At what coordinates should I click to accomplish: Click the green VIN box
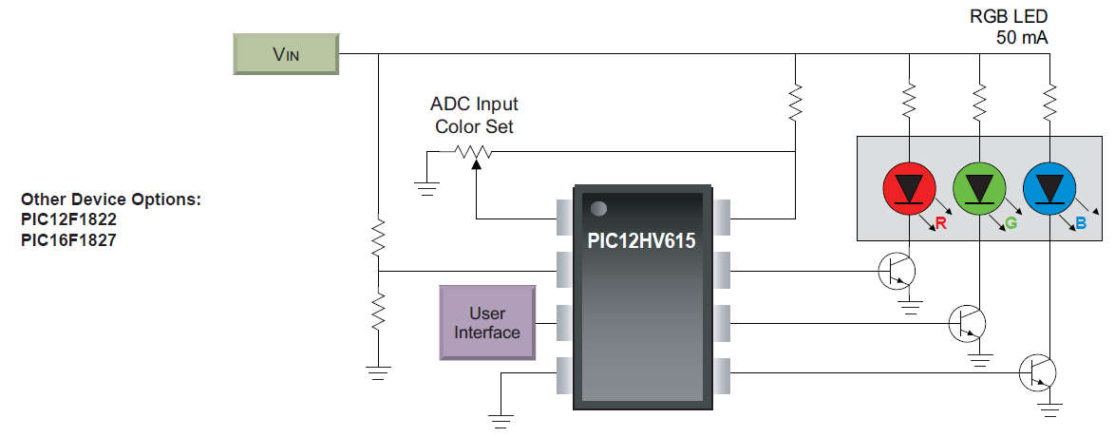(x=287, y=54)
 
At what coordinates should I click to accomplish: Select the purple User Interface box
(x=487, y=323)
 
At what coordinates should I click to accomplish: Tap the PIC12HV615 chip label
(x=641, y=241)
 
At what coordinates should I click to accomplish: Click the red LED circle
(x=910, y=188)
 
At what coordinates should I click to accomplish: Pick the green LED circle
(x=979, y=188)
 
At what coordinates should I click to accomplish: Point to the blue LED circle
(x=1049, y=188)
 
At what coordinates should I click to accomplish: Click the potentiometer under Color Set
(x=473, y=152)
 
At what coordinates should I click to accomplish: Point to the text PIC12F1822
(x=69, y=220)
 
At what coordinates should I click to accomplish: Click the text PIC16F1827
(x=69, y=240)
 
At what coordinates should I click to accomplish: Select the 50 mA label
(x=1022, y=38)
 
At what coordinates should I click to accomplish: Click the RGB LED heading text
(x=1017, y=17)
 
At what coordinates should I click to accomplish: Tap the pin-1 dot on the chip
(x=598, y=208)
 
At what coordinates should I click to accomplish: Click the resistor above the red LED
(x=910, y=99)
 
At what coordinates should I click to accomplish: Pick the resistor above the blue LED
(x=1049, y=99)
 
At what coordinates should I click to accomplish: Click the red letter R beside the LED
(x=941, y=224)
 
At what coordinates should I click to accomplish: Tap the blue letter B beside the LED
(x=1081, y=224)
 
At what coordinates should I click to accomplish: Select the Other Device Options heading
(x=111, y=199)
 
